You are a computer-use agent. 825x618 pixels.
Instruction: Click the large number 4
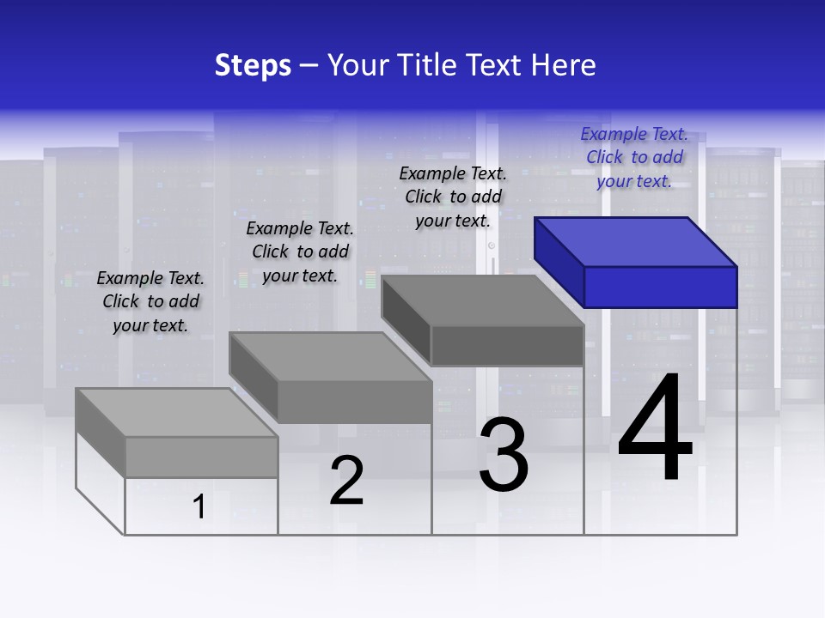point(655,429)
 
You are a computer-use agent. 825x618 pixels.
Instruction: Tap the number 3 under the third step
point(504,455)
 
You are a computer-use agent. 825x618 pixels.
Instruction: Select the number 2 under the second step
point(346,481)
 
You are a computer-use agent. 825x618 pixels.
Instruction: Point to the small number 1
point(199,507)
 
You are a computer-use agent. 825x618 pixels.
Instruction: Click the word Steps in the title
point(253,65)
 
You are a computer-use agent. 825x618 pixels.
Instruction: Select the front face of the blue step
point(660,287)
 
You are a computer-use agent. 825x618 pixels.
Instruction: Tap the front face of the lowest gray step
point(201,457)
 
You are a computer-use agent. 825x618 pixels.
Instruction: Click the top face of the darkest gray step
point(482,300)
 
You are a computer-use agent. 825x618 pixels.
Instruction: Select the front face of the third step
point(507,346)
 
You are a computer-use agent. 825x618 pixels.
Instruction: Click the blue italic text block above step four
point(634,157)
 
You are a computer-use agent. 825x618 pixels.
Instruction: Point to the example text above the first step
point(150,301)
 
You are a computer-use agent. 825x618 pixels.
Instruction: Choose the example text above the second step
point(300,251)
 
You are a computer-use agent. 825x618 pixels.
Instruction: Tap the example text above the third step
point(453,197)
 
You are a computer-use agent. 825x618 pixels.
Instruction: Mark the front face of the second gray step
point(354,402)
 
